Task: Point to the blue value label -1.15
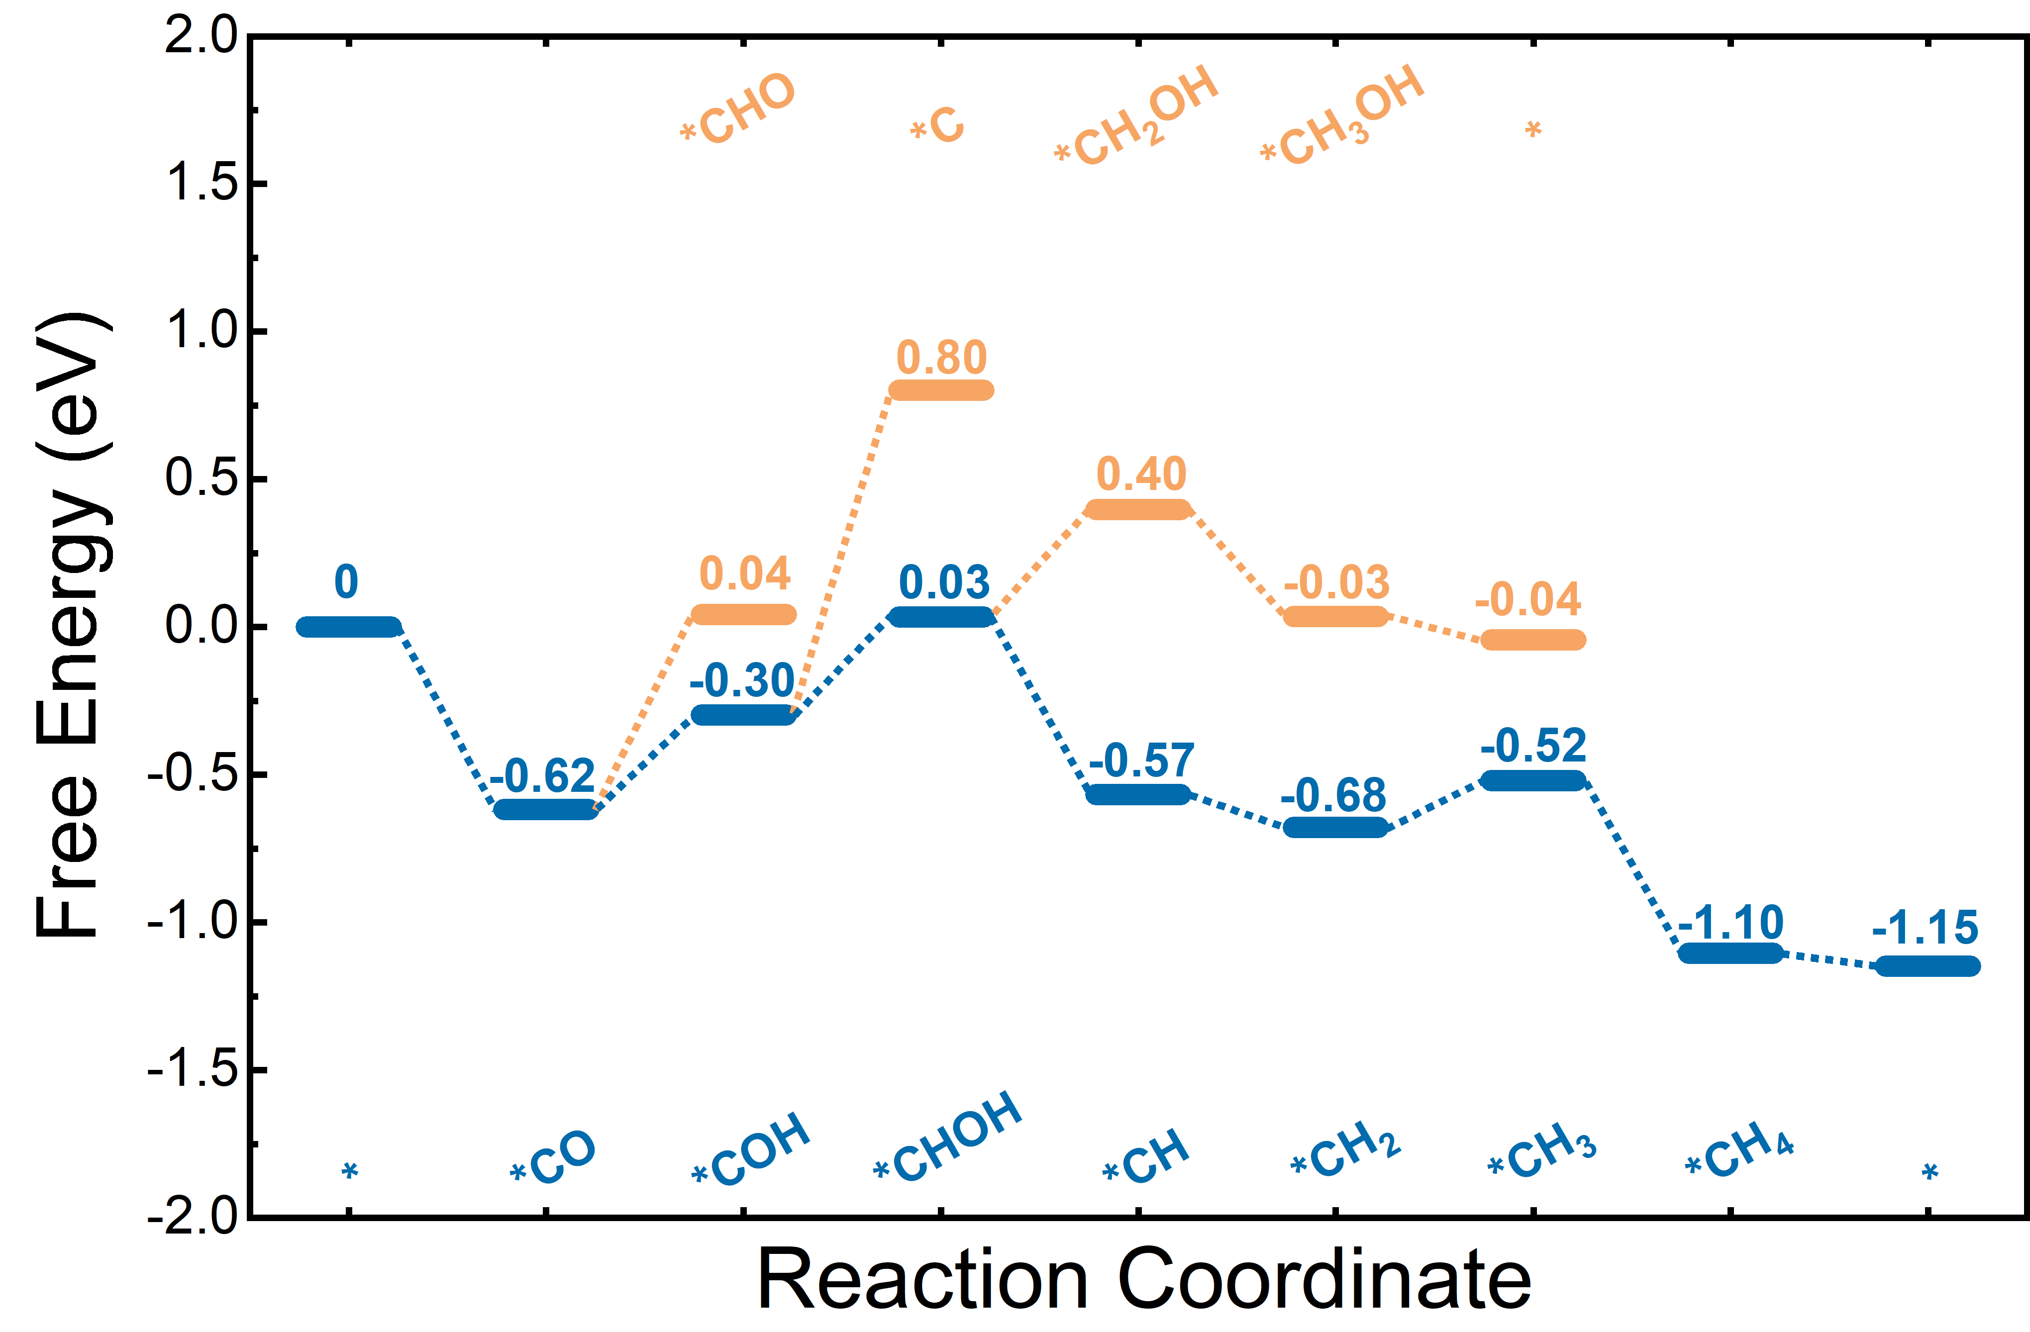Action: (x=1925, y=928)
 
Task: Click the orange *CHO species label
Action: (x=739, y=109)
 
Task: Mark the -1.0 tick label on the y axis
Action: (x=192, y=922)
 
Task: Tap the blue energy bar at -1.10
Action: (x=1730, y=952)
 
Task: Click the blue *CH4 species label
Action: (x=1740, y=1150)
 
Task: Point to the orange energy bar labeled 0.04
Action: (x=744, y=614)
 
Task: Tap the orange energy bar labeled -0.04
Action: (x=1533, y=640)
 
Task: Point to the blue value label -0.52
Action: (x=1533, y=746)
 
